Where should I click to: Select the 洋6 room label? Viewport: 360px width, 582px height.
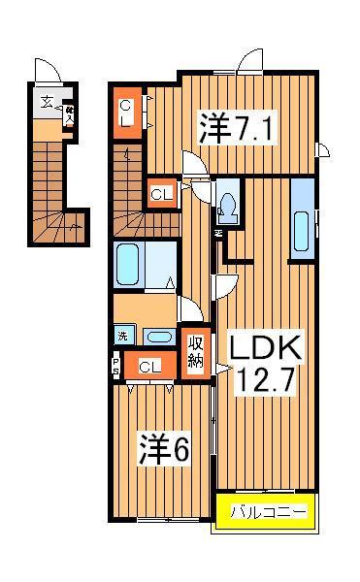point(165,448)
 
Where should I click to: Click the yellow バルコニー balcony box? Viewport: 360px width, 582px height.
point(265,511)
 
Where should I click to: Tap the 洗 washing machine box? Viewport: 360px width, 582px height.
point(122,337)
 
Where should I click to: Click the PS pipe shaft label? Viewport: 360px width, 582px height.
point(115,366)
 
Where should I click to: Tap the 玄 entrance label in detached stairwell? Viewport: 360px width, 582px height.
point(46,102)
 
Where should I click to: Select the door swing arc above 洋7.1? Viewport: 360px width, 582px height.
point(254,59)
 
